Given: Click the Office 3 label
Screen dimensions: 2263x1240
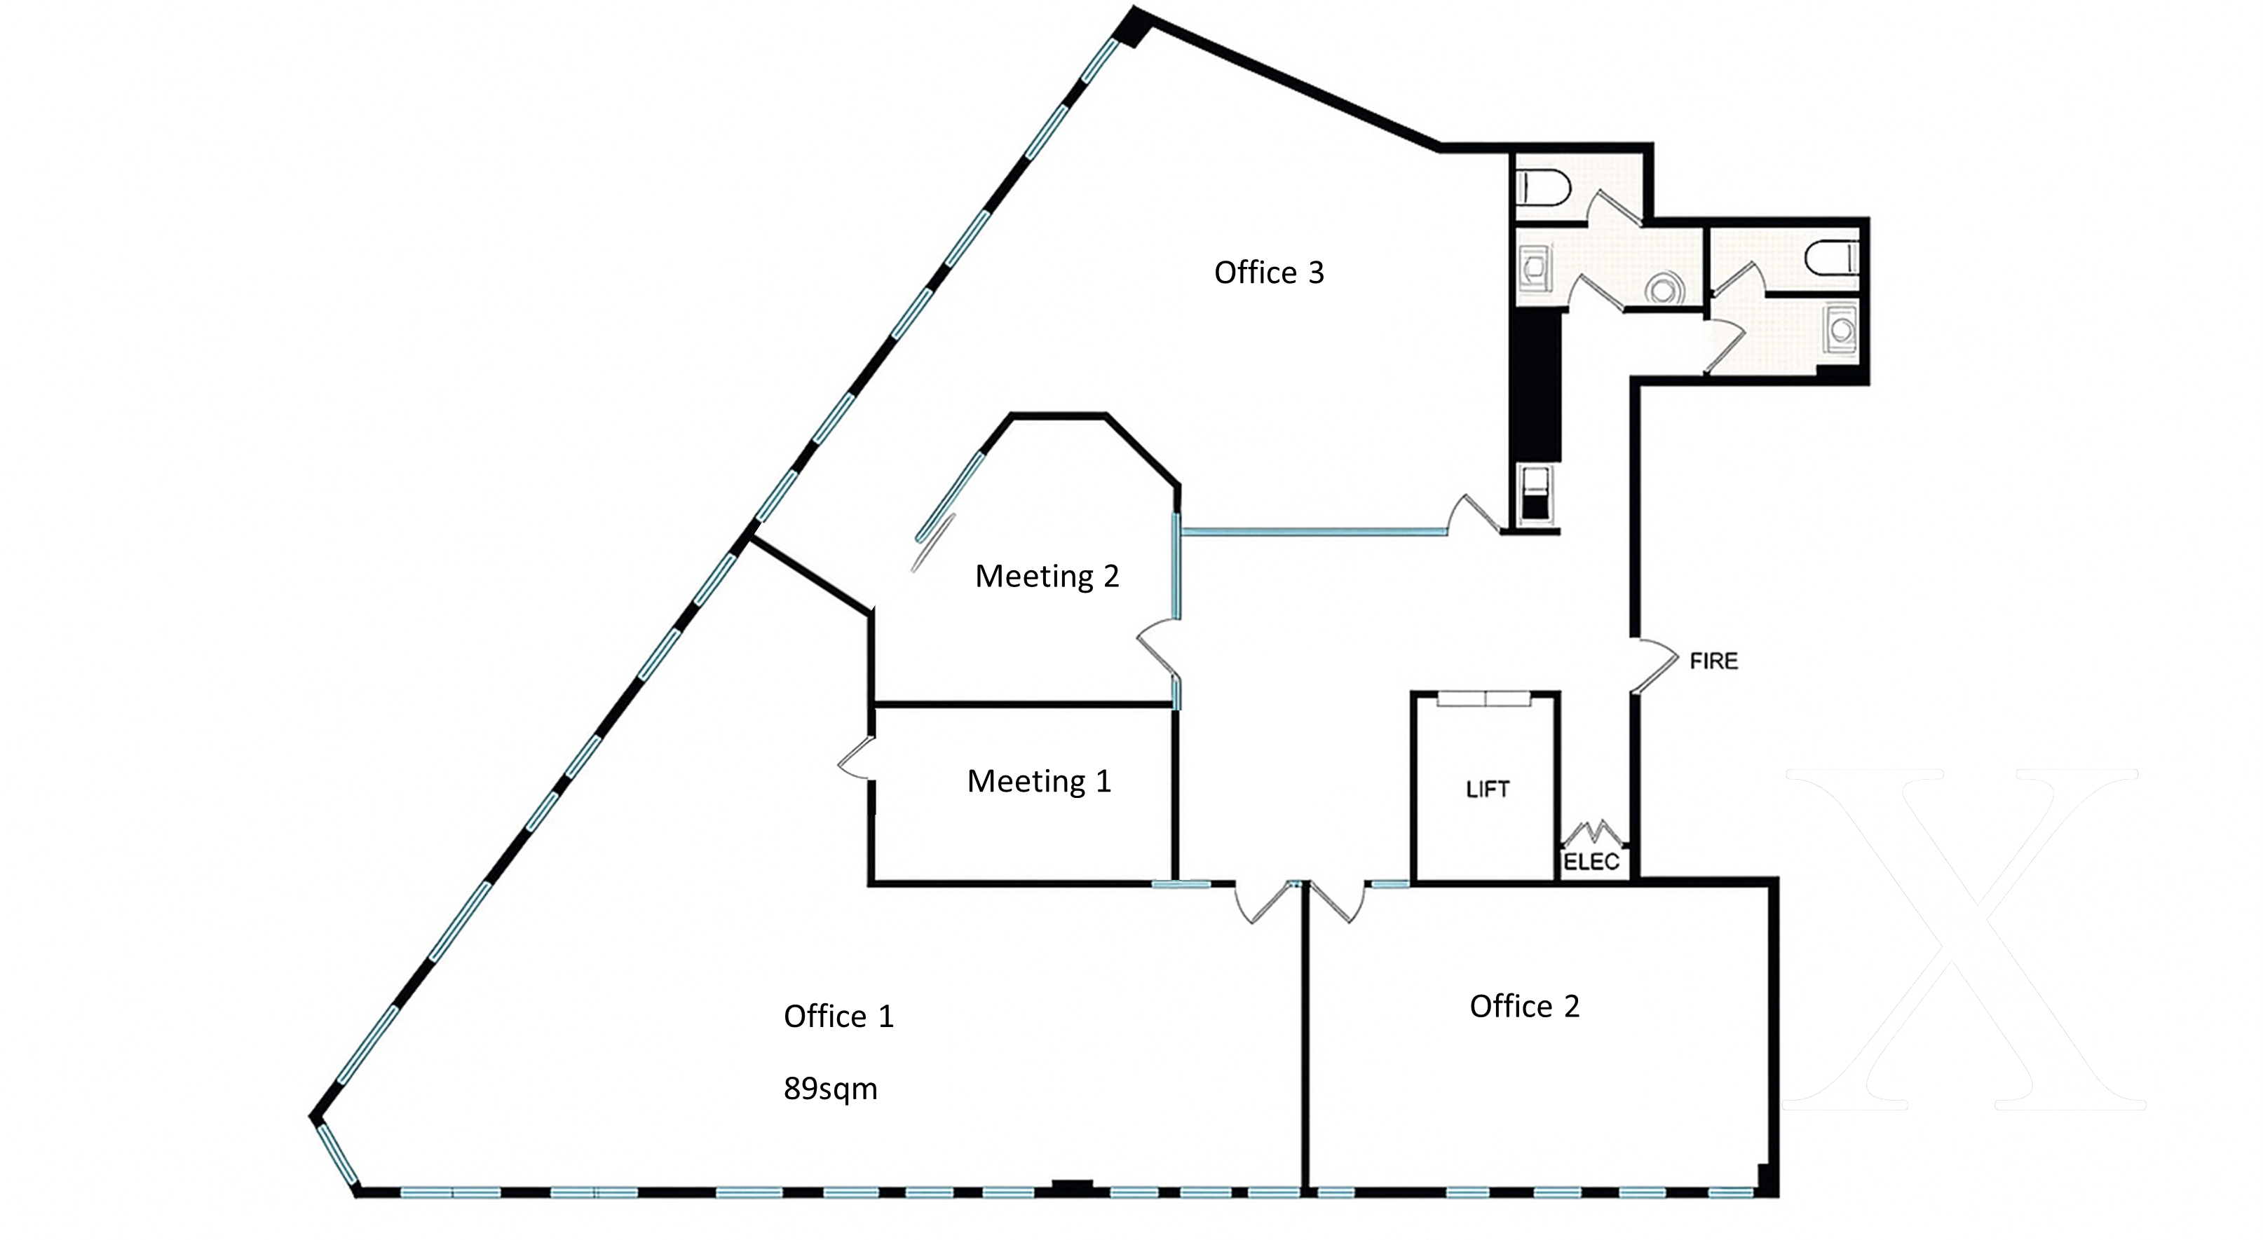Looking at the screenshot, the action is point(1268,273).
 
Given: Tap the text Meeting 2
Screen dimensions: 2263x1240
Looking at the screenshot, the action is point(1047,576).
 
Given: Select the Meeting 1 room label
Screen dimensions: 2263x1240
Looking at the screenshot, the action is point(1039,780).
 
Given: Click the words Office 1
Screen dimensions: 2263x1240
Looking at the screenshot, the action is point(838,1016).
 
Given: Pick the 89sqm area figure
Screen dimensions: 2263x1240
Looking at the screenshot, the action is point(830,1089).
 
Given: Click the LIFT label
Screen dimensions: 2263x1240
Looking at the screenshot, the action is point(1488,790).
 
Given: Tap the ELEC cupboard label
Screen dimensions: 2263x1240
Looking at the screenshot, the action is point(1591,862).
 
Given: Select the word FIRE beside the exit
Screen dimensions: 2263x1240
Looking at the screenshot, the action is point(1714,661).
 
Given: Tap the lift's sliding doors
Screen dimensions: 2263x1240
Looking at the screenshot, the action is point(1485,699).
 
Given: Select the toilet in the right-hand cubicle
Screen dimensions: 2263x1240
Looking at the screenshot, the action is point(1833,257).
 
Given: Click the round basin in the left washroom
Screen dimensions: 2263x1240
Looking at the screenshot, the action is point(1664,288).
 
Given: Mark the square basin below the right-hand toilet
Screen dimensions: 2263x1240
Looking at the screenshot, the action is point(1840,329).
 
